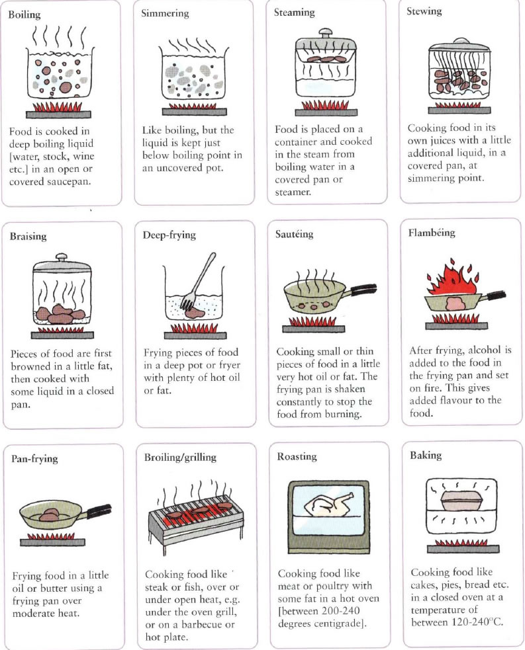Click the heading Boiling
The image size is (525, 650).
pos(24,15)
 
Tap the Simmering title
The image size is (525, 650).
pos(165,13)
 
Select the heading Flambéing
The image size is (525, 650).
pos(432,233)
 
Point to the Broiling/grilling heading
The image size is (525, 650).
pos(180,457)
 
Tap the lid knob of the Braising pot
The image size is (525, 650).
pos(62,257)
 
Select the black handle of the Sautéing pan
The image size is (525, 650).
pos(364,288)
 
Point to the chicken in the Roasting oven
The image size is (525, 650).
pos(328,505)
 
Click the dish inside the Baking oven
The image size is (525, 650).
pos(461,502)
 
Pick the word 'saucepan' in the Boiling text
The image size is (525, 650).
pos(70,182)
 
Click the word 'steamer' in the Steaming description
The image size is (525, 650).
pos(293,192)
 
